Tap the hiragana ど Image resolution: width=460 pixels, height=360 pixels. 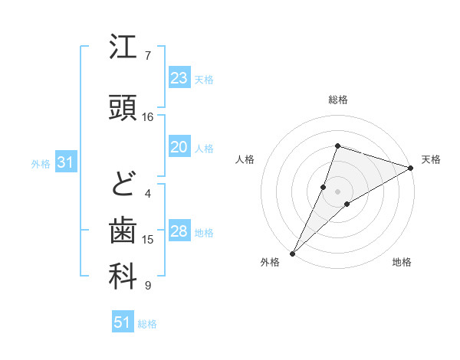coord(123,184)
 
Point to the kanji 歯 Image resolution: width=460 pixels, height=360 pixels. coord(123,230)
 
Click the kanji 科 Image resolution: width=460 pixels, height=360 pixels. coord(123,277)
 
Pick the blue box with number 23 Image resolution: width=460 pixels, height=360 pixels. coord(179,78)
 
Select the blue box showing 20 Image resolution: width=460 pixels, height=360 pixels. coord(179,148)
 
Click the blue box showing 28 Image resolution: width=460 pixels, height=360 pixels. coord(179,232)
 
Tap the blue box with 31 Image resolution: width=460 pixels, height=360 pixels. coord(65,162)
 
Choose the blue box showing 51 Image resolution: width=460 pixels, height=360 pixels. coord(123,322)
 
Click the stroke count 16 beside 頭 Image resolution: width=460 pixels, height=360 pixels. coord(148,116)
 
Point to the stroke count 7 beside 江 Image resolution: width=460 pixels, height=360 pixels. coord(148,55)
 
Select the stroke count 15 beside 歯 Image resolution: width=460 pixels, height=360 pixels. coord(148,240)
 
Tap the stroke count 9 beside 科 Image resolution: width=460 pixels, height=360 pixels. coord(148,286)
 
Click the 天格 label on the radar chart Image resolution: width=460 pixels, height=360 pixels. coord(431,159)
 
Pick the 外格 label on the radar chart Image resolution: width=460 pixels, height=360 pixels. coord(270,263)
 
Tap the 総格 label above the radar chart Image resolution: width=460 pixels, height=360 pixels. coord(337,100)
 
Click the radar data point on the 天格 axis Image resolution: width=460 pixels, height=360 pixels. coord(412,168)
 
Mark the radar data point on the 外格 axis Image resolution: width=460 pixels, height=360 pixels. coord(292,253)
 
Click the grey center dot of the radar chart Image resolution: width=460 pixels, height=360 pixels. coord(337,191)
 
